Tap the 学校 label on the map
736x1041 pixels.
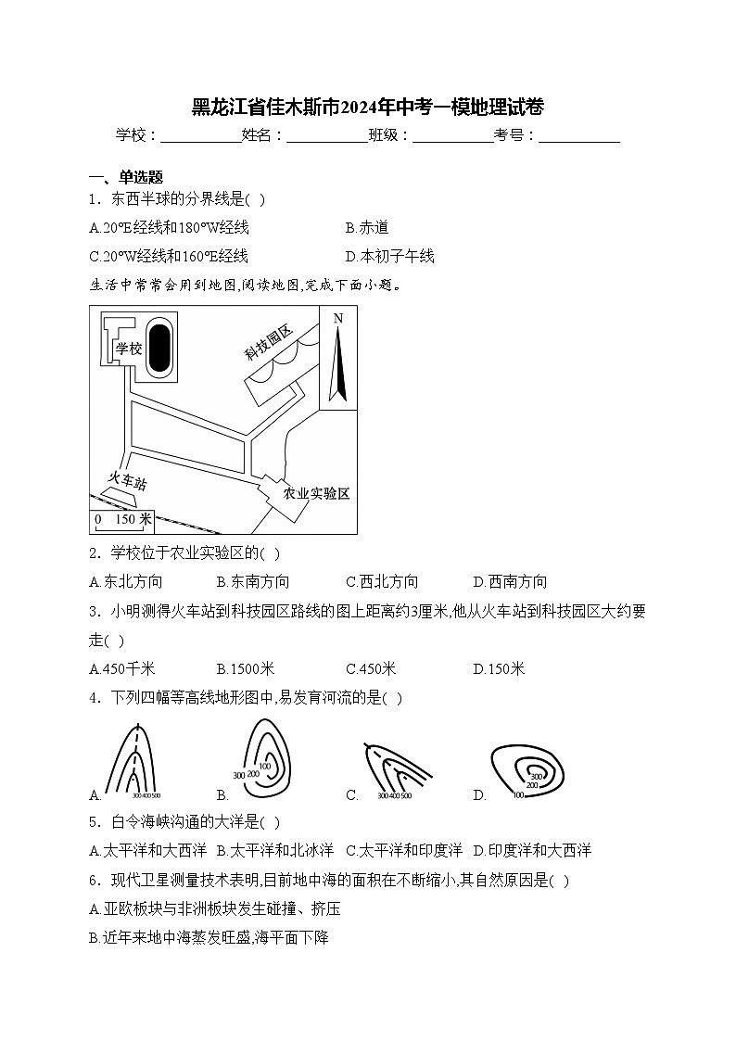[x=128, y=349]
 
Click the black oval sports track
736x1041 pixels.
[x=159, y=346]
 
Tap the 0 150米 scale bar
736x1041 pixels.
[x=121, y=521]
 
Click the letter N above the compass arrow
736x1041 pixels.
[x=338, y=319]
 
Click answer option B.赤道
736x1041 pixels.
[x=367, y=227]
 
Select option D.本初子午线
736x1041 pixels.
[x=389, y=256]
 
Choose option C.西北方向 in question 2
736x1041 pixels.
[x=382, y=581]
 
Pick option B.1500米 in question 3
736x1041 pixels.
[x=246, y=668]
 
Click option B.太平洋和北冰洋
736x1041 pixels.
[x=275, y=850]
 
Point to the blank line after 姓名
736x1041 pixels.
[x=327, y=136]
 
